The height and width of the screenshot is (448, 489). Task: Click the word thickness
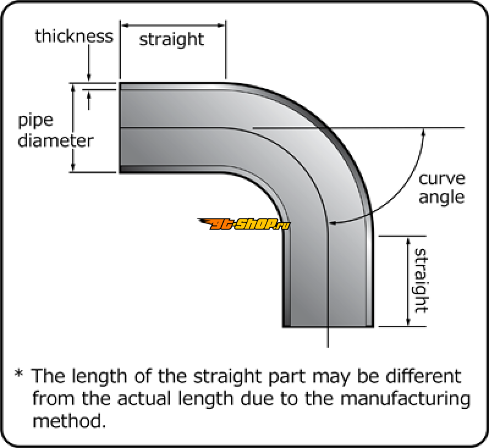click(74, 36)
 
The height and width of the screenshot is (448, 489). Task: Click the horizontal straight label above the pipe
click(172, 40)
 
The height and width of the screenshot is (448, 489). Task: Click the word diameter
click(56, 140)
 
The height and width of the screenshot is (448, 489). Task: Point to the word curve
click(442, 179)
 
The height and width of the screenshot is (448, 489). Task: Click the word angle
click(442, 197)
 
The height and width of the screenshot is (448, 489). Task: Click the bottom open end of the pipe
click(328, 325)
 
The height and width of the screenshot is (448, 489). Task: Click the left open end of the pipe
click(120, 128)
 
